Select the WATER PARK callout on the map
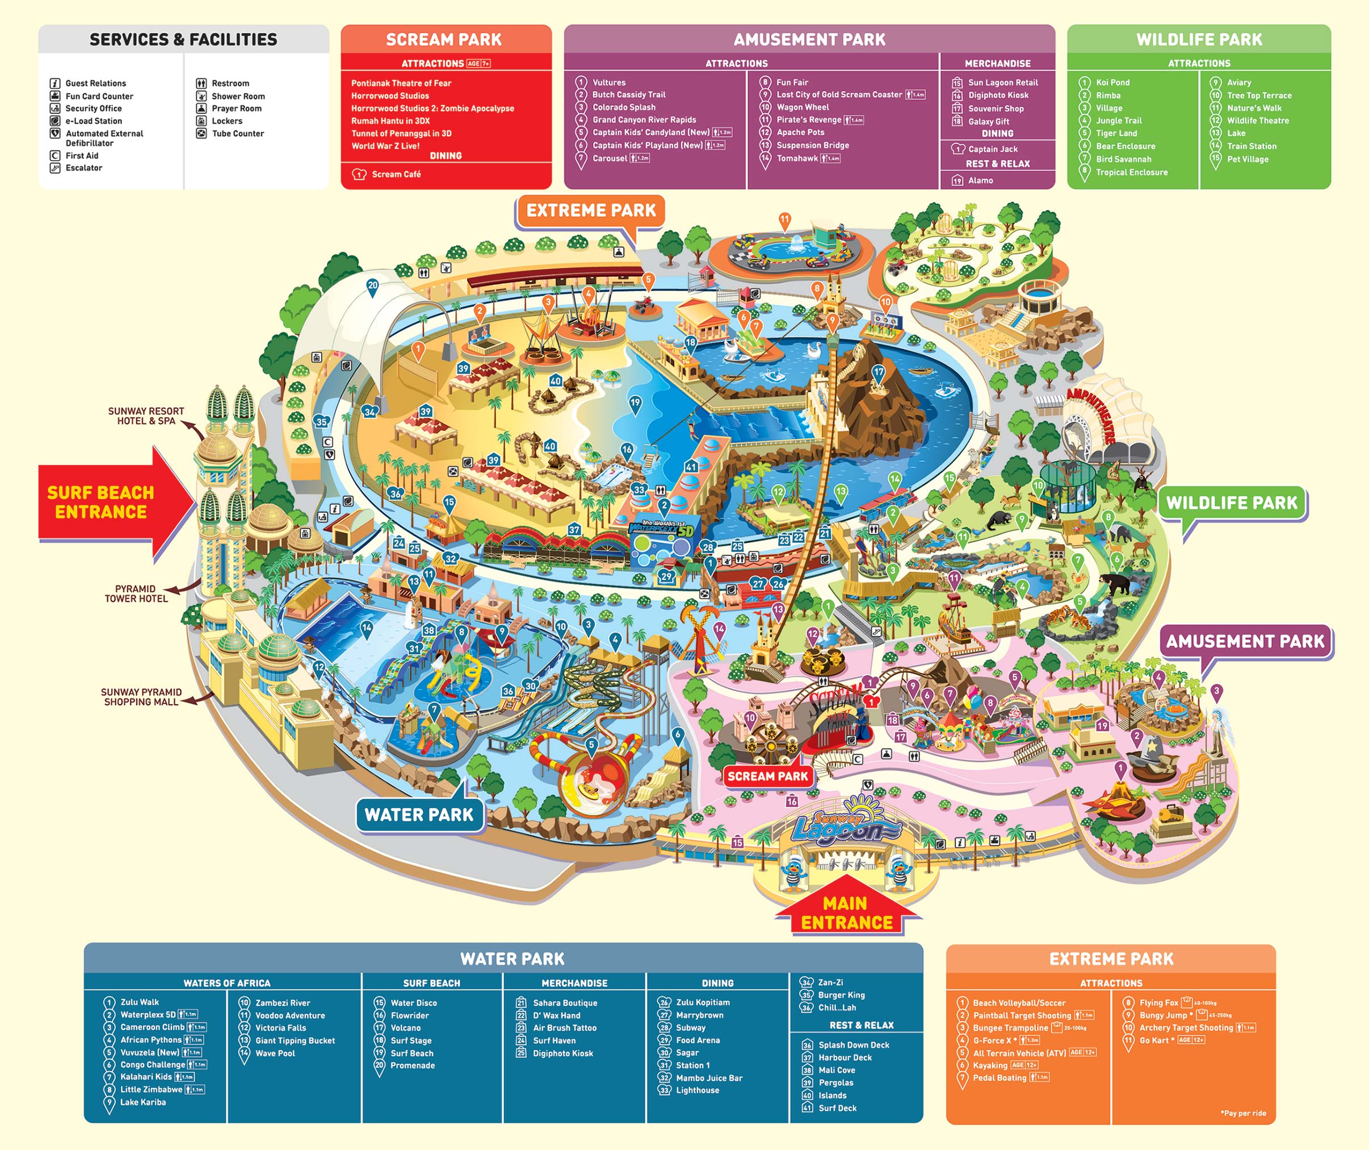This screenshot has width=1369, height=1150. (x=419, y=814)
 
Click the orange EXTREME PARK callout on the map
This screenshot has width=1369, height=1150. (x=590, y=210)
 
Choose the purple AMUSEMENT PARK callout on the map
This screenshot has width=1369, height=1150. (x=1245, y=642)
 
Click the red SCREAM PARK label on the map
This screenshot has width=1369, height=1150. (x=768, y=776)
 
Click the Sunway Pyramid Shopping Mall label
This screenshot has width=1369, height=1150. (x=141, y=697)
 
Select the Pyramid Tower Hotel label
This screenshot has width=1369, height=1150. (x=136, y=593)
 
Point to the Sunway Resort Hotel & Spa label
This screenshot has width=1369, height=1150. (x=146, y=416)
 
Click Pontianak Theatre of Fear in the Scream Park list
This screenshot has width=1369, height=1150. (x=401, y=83)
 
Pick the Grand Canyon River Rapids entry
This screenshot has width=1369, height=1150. (x=644, y=120)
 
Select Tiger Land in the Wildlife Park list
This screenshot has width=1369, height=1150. (x=1116, y=133)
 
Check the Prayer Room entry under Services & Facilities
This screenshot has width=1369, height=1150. (x=236, y=109)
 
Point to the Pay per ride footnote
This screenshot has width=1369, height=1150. (x=1242, y=1113)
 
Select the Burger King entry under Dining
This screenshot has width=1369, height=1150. (x=841, y=995)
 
